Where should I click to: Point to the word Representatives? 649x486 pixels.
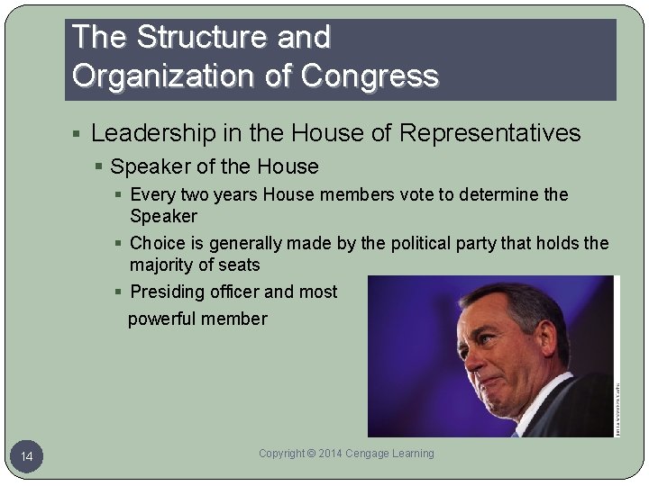point(489,134)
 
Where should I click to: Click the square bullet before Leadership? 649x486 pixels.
point(78,135)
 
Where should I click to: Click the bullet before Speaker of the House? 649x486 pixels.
point(100,167)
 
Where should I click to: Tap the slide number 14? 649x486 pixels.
point(27,458)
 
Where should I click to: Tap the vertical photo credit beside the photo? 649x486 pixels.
point(617,409)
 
